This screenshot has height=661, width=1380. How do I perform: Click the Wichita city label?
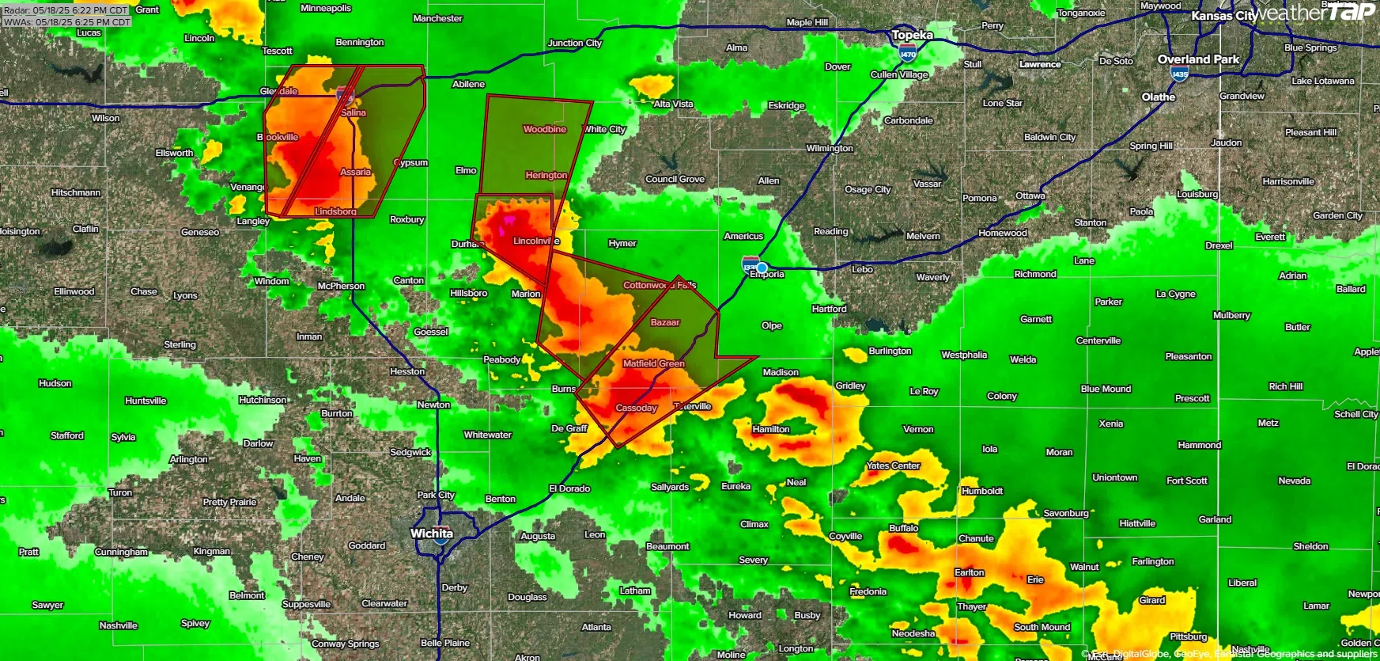click(431, 534)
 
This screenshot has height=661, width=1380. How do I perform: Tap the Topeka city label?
click(912, 35)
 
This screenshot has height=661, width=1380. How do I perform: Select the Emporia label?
click(766, 275)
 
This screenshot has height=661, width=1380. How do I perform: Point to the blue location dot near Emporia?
click(762, 268)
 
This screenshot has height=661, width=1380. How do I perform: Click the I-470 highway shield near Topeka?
click(907, 54)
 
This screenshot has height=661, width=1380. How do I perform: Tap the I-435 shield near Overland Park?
click(1179, 74)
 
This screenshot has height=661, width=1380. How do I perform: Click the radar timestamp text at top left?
click(66, 10)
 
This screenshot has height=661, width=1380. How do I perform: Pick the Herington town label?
click(546, 175)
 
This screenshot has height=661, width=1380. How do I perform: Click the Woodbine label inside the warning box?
click(545, 129)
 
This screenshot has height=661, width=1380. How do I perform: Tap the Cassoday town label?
click(636, 408)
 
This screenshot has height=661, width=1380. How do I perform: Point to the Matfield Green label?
click(653, 363)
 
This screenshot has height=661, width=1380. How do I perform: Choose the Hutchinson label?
click(263, 400)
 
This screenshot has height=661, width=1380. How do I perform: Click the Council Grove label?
click(675, 179)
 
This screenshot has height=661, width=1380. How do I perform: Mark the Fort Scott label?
click(1186, 481)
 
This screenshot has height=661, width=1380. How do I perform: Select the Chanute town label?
click(976, 538)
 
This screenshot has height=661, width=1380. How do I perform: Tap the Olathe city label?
click(1158, 97)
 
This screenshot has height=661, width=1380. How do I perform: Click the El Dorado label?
click(569, 488)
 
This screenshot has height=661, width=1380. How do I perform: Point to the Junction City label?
click(575, 43)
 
